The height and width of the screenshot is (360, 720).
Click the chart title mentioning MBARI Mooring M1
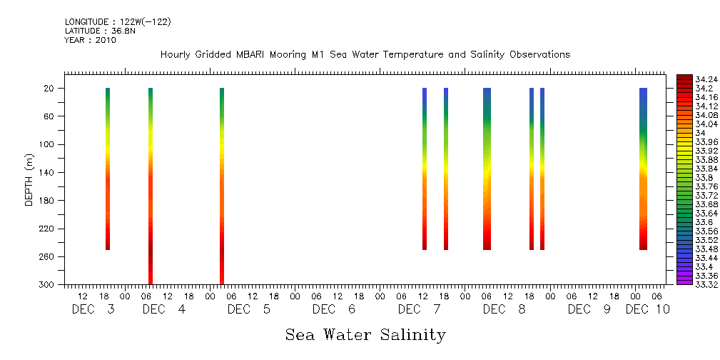pos(365,55)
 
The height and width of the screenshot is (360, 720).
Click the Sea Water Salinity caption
pos(365,334)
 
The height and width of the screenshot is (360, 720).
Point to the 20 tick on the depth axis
pos(50,89)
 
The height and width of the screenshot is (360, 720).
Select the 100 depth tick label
pos(48,144)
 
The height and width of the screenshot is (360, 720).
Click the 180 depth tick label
pos(48,201)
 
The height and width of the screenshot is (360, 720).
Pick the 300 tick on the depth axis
pos(48,285)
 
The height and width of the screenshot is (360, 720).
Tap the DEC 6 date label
pos(334,309)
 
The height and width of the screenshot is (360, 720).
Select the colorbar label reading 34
pos(700,133)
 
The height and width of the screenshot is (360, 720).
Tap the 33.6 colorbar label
pos(702,222)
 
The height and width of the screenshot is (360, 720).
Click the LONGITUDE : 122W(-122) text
pos(118,22)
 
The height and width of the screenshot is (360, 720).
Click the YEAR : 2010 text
pos(90,41)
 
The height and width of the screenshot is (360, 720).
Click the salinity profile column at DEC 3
pos(108,169)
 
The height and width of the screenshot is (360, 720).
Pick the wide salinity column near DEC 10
pos(643,169)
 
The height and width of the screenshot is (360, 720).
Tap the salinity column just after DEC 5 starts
pos(222,186)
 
